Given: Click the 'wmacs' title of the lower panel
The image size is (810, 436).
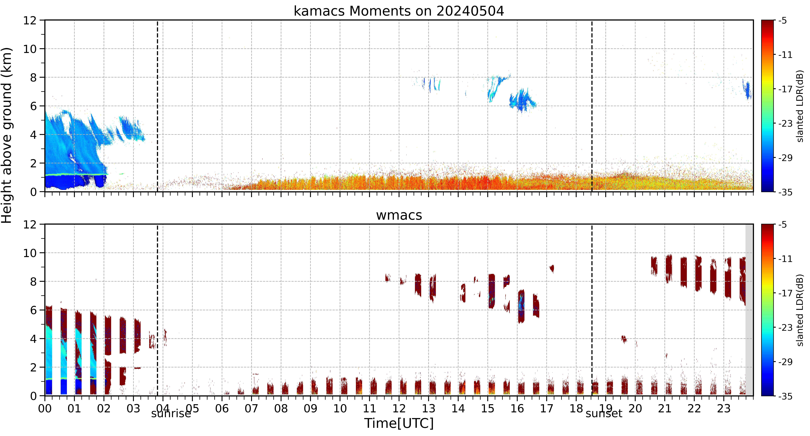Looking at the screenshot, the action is [x=399, y=215].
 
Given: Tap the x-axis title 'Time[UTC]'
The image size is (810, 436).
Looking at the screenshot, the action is [x=399, y=423].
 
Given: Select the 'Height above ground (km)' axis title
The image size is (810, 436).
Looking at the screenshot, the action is [x=7, y=135].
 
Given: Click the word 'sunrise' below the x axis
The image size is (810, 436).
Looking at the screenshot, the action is [x=171, y=413].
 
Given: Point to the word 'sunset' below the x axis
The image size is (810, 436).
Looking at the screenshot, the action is [x=604, y=413].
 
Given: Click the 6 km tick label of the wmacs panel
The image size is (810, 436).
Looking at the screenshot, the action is [x=33, y=310].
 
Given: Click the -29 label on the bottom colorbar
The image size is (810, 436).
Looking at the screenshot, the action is [x=785, y=362].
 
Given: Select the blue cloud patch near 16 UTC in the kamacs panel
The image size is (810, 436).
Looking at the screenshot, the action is [x=522, y=100].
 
